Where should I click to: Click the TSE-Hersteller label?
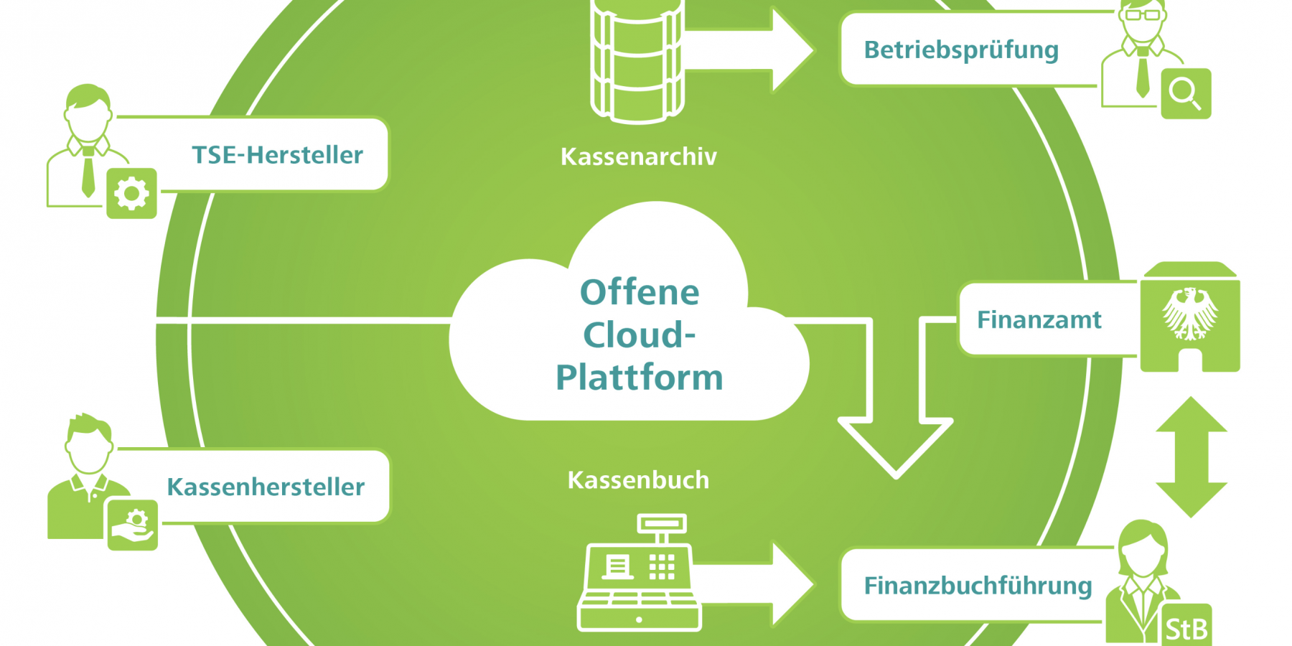click(277, 155)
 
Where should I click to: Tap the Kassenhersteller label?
click(266, 487)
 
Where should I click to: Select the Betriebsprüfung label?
click(961, 50)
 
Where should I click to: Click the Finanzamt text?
click(1039, 319)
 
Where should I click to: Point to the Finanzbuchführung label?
click(978, 586)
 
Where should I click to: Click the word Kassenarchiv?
click(638, 156)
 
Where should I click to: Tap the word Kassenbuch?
click(638, 479)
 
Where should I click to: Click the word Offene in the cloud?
click(639, 292)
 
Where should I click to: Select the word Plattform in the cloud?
click(639, 378)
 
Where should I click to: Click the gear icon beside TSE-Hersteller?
click(131, 193)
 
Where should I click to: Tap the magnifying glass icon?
click(1185, 93)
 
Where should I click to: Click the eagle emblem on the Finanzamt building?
click(1190, 313)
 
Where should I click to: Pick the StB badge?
click(1186, 628)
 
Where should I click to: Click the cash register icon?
click(639, 574)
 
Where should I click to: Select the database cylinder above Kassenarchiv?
click(637, 61)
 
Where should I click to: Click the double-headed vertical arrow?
click(1191, 457)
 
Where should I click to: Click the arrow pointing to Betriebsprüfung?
click(761, 50)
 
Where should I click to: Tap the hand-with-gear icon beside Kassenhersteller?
click(132, 525)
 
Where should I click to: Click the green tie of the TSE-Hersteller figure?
click(88, 172)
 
